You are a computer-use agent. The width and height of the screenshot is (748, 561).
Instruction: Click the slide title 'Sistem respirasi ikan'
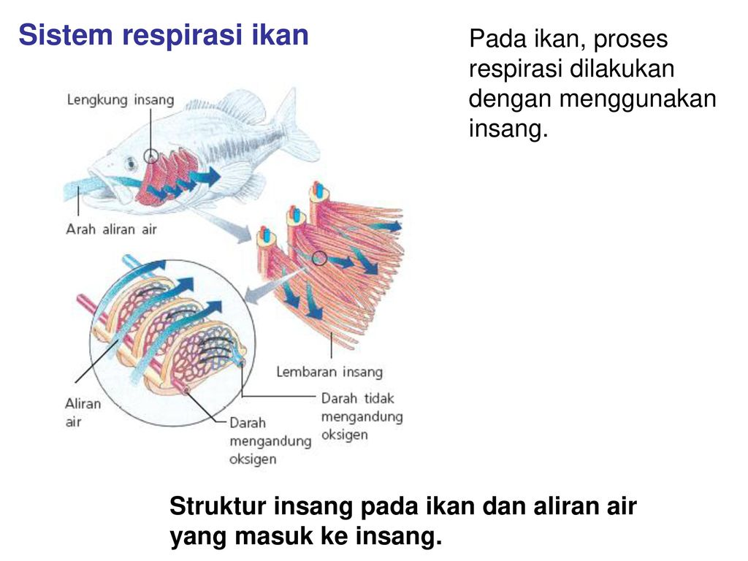click(164, 35)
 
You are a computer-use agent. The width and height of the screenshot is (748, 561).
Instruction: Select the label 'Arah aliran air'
click(112, 229)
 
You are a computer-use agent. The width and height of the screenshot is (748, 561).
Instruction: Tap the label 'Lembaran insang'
click(329, 372)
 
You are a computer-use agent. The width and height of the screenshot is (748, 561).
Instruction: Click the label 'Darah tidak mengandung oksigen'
click(362, 416)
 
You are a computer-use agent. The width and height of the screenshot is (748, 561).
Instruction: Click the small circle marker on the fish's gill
click(151, 156)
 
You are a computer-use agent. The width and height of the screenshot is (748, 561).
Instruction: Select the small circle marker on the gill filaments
click(318, 257)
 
